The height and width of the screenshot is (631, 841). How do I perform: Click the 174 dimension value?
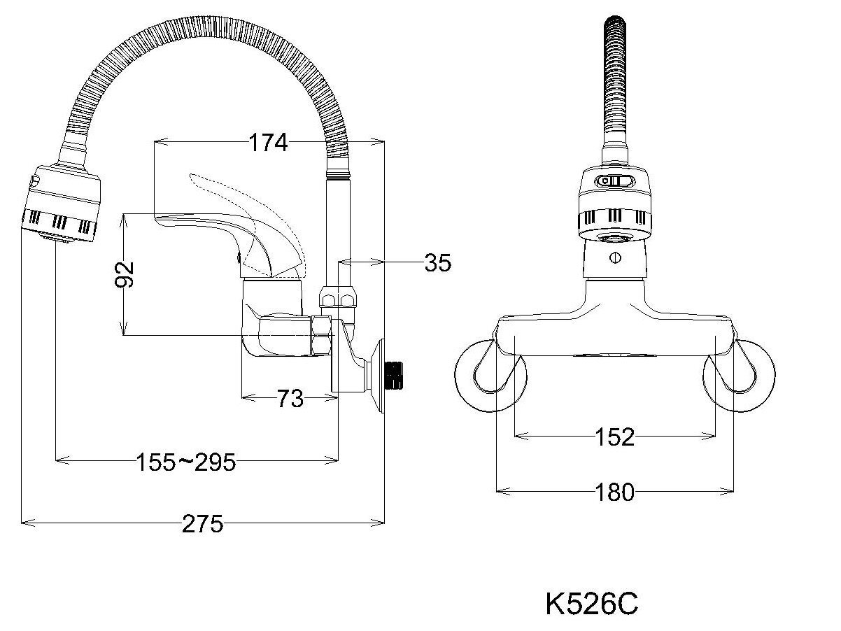(268, 143)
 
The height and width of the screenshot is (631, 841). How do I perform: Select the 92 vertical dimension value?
(125, 275)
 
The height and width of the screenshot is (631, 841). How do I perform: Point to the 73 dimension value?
(289, 399)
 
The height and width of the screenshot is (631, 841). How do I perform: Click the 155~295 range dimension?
(185, 461)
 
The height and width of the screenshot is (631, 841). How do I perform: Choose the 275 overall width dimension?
(204, 523)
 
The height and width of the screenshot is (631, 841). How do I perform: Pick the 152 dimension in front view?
(616, 437)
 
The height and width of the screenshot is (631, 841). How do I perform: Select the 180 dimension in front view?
(616, 492)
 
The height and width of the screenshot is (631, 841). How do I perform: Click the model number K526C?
(591, 604)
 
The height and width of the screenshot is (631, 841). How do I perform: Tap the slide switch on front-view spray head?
(614, 181)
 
